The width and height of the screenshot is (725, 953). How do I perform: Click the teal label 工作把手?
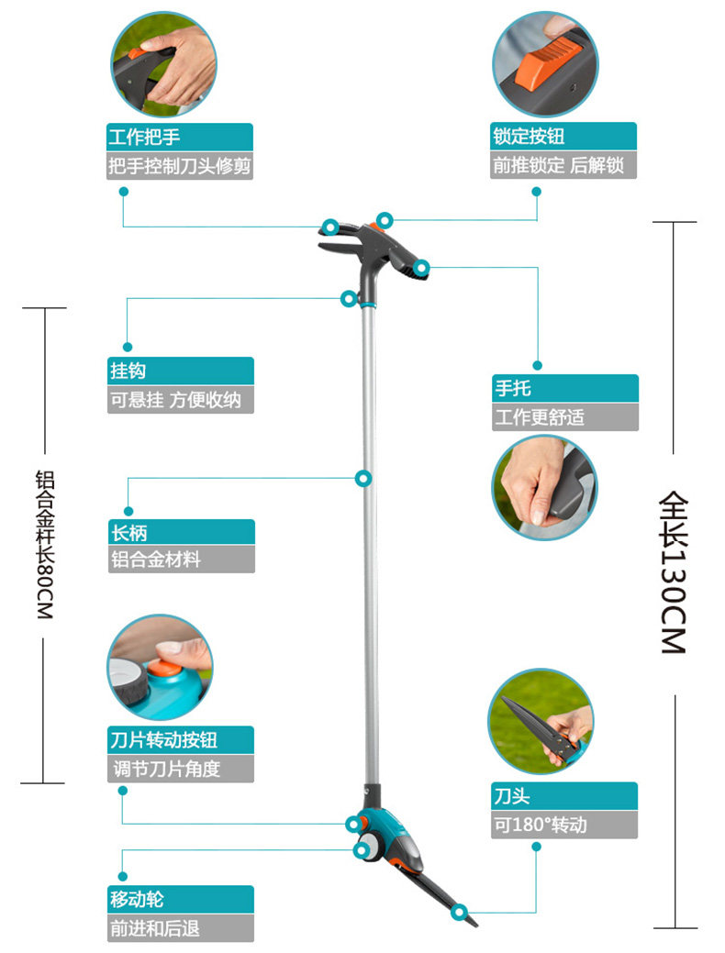pos(180,139)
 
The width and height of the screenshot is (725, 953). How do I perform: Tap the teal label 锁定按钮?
pos(563,138)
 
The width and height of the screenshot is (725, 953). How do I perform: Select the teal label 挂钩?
pos(180,371)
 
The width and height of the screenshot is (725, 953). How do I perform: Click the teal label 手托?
pos(563,389)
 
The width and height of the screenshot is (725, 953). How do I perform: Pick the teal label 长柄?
pos(180,533)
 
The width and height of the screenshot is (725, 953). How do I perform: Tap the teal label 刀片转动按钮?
pos(180,740)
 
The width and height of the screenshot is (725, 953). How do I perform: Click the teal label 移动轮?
pos(180,900)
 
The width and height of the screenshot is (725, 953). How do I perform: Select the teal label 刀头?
pos(563,796)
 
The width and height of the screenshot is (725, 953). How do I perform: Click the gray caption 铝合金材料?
pos(180,560)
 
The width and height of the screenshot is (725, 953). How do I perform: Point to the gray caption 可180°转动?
pos(563,825)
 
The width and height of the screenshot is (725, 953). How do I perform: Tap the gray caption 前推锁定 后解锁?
pos(563,166)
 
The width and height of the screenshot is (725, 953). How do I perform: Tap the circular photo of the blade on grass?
pos(541,721)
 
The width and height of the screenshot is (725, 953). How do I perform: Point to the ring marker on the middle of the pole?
pos(363,478)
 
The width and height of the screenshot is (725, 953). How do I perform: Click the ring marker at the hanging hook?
pos(349,298)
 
